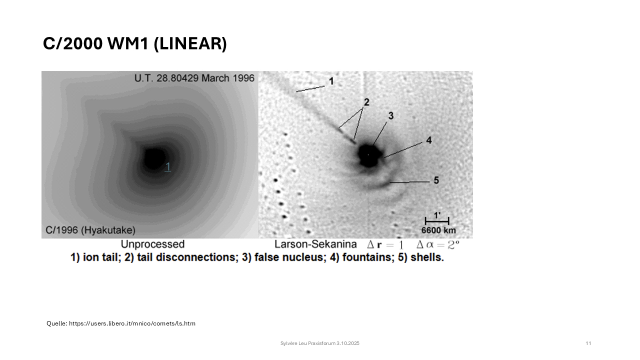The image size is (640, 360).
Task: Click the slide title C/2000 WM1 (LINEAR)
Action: click(135, 44)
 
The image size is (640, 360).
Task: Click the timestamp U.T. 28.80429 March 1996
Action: click(194, 78)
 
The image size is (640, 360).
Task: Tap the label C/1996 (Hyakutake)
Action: click(90, 230)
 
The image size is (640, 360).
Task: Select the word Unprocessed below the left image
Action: click(153, 244)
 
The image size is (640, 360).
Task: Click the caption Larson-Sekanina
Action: click(315, 244)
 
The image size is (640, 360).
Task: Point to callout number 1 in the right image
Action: click(331, 81)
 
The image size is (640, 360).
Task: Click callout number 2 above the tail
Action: click(367, 102)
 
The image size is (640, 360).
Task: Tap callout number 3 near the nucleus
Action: click(391, 116)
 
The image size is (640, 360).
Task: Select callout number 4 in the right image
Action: click(429, 140)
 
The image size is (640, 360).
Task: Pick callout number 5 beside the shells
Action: click(436, 180)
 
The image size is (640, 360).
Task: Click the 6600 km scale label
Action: click(438, 230)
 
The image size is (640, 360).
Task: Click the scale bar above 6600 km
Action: click(437, 221)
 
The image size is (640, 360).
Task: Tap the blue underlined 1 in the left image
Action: click(168, 167)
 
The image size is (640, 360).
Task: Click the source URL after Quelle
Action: click(132, 323)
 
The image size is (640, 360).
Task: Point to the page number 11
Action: click(588, 343)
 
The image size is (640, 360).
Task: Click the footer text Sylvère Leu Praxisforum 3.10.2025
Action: click(320, 343)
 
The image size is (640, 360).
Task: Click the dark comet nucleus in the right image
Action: click(369, 155)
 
